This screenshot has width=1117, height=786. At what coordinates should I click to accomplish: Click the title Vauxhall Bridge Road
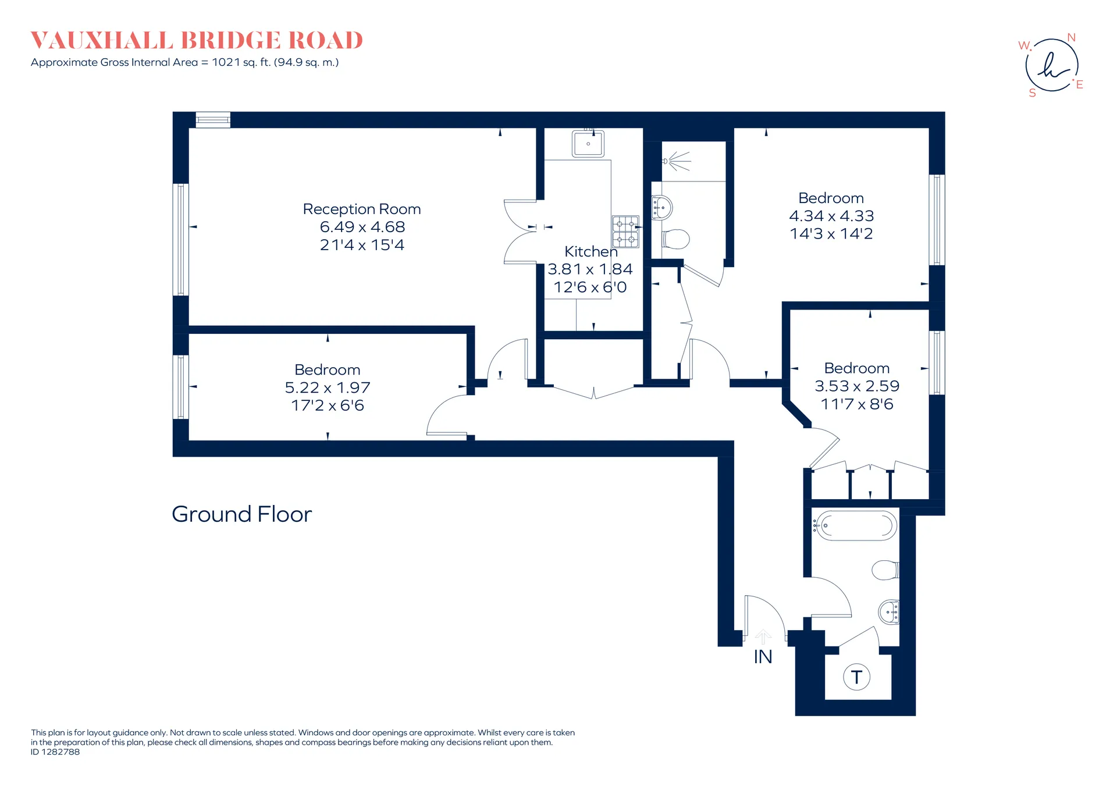coord(197,40)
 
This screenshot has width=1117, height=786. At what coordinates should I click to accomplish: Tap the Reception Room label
coord(362,209)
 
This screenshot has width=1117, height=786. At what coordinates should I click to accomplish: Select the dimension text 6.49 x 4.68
coord(362,227)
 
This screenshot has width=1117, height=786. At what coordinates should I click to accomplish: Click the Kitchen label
coord(590,251)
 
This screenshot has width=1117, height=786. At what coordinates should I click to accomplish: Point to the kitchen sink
coord(588,143)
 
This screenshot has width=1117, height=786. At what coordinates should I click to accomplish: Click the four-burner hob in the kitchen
coord(625,232)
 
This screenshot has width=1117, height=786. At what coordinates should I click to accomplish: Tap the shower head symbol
coord(676,161)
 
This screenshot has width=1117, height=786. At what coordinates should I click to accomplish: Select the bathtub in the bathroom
coord(855,525)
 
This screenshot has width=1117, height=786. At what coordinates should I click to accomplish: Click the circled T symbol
coord(856,677)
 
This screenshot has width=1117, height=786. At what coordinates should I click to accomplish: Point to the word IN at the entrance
coord(763,657)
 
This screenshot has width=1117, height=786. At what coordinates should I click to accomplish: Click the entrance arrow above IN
coord(763,636)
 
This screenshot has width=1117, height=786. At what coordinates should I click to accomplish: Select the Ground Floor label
coord(241,514)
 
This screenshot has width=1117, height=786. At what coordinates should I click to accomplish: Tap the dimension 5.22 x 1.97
coord(328,387)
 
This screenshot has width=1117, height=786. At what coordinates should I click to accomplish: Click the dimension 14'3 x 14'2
coord(831,234)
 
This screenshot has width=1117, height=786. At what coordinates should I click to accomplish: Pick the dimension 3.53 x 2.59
coord(857,386)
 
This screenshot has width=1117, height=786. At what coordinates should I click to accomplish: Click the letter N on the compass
coord(1071,38)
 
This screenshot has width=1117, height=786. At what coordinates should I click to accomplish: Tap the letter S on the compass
coord(1033,93)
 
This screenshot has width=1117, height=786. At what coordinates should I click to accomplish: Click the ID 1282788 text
coord(55,752)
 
